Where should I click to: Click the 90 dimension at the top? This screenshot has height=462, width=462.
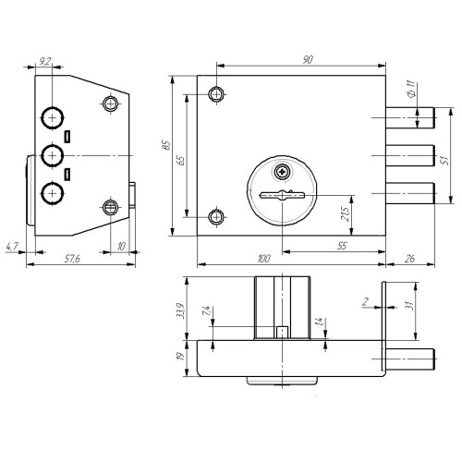coord(308,59)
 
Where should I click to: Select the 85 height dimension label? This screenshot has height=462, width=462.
coord(166,145)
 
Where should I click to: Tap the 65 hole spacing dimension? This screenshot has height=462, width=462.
coord(181,161)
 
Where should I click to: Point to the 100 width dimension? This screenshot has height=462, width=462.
coord(264,259)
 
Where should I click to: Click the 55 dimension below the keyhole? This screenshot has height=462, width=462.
coord(342,246)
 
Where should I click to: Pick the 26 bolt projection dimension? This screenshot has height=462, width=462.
coord(409,259)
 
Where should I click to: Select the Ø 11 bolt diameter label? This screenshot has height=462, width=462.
coord(411,89)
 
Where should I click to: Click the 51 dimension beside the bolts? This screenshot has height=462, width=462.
coord(445,160)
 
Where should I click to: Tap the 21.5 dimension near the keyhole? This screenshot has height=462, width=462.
coord(346,213)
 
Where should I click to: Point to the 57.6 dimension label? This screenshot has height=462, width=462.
coord(72,259)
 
